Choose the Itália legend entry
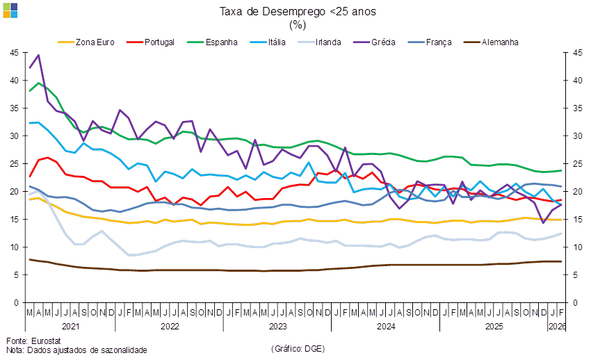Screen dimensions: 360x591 tap(277, 42)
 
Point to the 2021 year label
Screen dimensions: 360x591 tap(70, 325)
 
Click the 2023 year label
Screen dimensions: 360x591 tap(277, 325)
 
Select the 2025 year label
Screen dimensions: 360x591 tap(494, 325)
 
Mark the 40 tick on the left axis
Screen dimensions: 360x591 tap(15, 81)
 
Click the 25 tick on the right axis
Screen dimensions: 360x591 tap(575, 164)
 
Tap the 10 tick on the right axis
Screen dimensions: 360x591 tap(575, 247)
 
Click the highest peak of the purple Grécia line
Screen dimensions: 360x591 tap(38, 55)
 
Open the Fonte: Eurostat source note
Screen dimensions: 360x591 tap(33, 341)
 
